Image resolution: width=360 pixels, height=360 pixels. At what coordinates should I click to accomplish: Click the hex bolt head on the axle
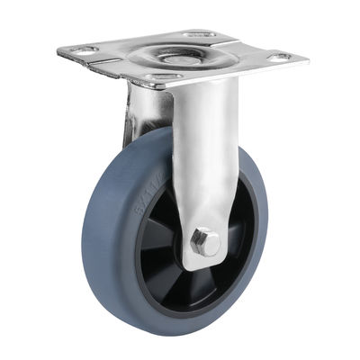click(205, 242)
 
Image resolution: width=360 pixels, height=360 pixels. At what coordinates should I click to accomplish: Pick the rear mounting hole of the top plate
click(199, 35)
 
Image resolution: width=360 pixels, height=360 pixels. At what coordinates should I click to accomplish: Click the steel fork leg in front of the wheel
click(202, 162)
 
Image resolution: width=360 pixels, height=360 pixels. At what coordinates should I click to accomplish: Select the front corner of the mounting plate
click(148, 87)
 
